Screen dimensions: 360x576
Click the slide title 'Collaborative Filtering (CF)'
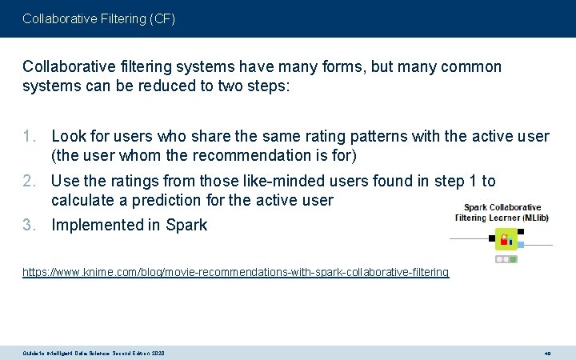coord(98,18)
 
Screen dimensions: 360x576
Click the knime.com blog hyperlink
coord(235,273)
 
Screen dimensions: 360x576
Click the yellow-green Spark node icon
coord(506,238)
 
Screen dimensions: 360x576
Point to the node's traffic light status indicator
coord(506,259)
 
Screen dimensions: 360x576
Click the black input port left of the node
coord(490,238)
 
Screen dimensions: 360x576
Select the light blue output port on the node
coord(521,244)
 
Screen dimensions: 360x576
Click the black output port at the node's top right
coord(521,231)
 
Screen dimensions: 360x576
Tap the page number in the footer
coord(548,353)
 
